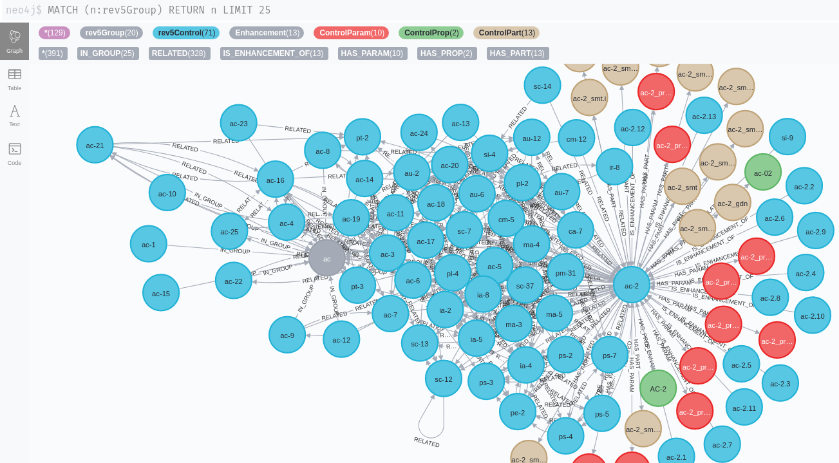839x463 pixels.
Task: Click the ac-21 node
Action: pos(95,145)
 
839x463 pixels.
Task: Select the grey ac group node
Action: pos(326,258)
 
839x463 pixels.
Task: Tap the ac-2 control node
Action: pos(631,285)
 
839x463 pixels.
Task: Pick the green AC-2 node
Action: pos(657,388)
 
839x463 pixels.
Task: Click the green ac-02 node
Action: pos(762,172)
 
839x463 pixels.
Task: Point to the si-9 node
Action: pos(787,137)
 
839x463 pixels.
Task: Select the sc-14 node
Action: pos(542,85)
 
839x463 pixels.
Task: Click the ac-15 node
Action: pos(161,292)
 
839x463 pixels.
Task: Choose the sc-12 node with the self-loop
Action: pos(443,379)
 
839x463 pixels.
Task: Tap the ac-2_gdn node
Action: pos(732,202)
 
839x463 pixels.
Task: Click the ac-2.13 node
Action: pos(704,115)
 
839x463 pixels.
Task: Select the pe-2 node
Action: pos(517,411)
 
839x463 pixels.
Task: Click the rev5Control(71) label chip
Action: pos(186,33)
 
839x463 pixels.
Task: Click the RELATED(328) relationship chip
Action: pos(179,53)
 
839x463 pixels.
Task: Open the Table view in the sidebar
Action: pos(14,79)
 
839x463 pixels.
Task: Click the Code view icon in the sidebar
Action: pos(14,153)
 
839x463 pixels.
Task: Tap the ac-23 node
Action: pos(238,123)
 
